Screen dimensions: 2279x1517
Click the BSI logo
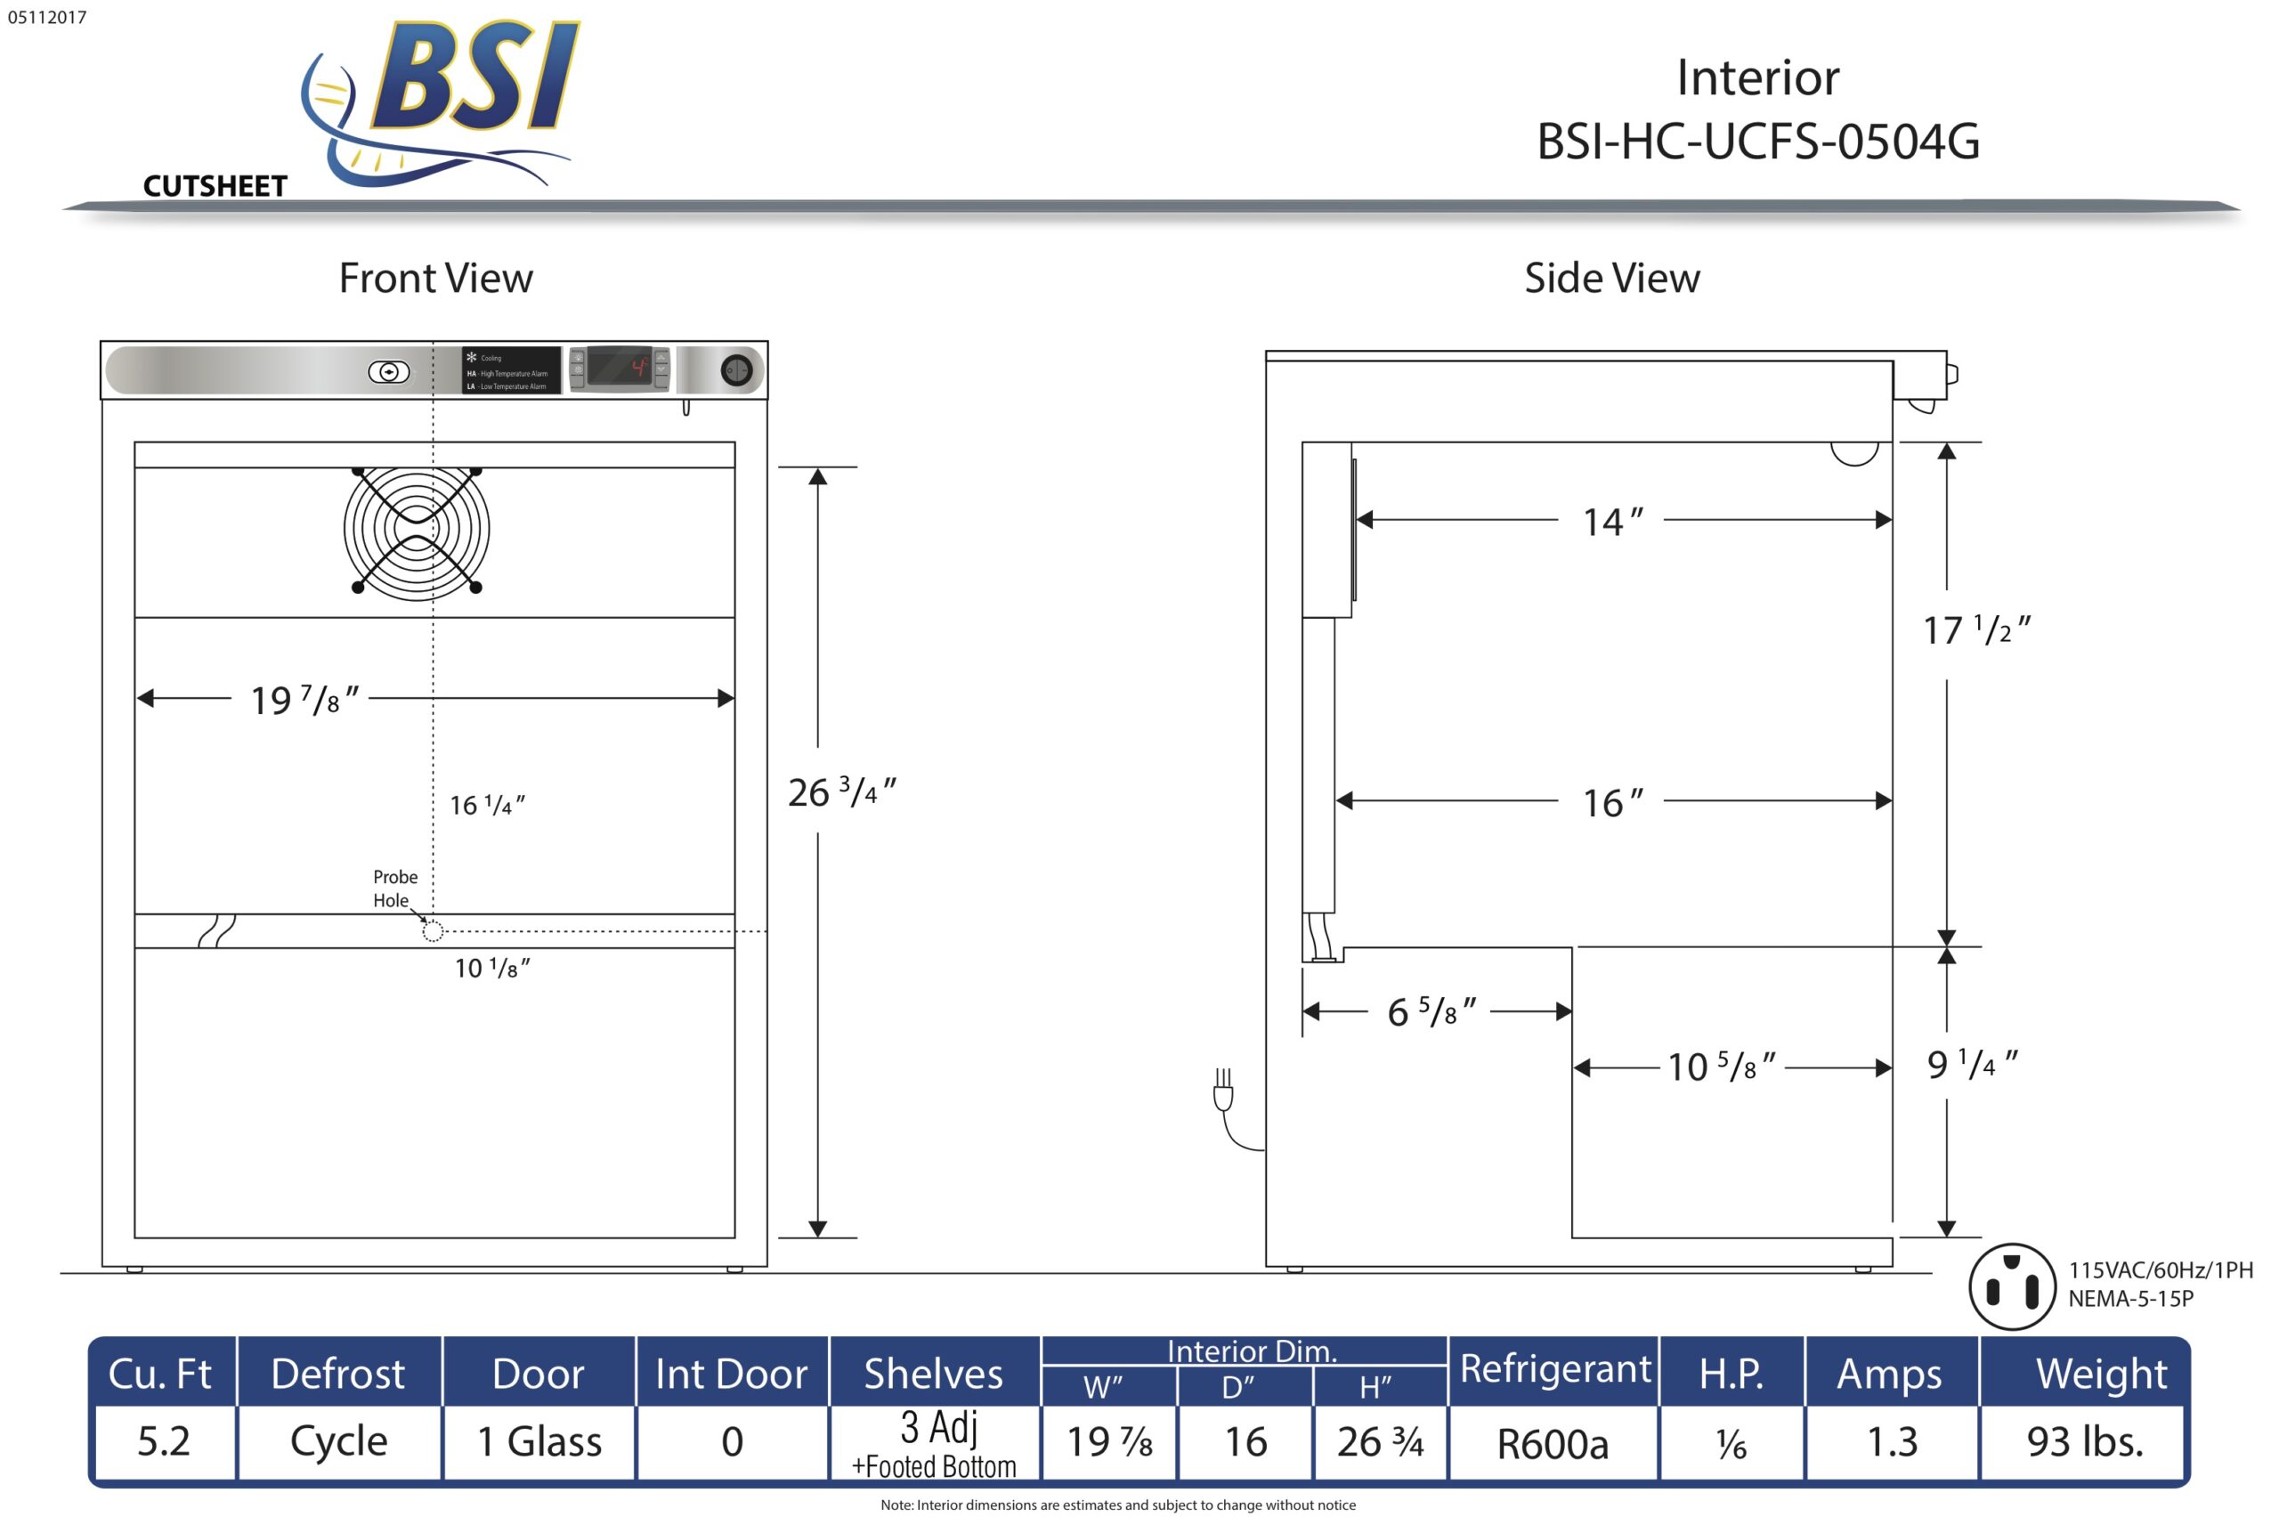pos(440,101)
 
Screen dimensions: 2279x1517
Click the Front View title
pos(435,279)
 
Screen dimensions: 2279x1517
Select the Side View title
pos(1611,279)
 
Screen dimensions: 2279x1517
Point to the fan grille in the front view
pos(416,529)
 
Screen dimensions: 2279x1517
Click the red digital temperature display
pos(619,368)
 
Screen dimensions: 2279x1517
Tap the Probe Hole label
pos(394,888)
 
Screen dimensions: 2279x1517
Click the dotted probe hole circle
pos(433,930)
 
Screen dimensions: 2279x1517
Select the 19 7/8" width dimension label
pos(304,700)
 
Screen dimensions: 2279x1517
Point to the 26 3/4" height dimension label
pos(841,792)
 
